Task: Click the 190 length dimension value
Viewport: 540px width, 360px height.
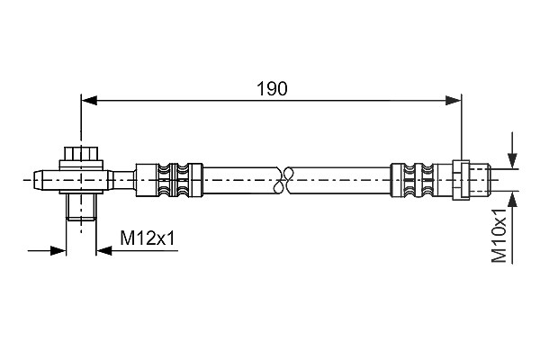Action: click(272, 88)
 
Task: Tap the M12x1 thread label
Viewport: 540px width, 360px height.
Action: click(148, 238)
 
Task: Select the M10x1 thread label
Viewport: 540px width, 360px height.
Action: click(499, 235)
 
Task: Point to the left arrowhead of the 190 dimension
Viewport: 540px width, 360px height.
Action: click(88, 101)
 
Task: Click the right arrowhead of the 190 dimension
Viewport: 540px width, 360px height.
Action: click(454, 101)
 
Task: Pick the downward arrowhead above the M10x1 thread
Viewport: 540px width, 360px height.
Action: click(513, 160)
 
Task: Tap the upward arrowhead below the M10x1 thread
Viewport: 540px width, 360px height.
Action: click(513, 200)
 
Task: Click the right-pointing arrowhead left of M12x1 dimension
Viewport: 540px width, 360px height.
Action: click(58, 250)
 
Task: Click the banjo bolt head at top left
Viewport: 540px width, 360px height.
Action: click(81, 154)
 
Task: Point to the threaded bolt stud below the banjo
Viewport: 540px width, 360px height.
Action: click(81, 207)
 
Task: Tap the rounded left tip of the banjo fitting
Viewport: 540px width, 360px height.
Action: click(39, 180)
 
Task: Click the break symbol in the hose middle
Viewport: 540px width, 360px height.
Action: click(283, 180)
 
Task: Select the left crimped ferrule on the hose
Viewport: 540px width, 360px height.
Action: click(169, 180)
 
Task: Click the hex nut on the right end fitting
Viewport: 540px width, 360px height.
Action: click(461, 180)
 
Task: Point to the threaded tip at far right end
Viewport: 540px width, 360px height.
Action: click(480, 180)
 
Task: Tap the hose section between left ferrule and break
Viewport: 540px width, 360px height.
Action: click(241, 180)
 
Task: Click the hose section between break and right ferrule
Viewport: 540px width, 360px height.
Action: click(339, 180)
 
